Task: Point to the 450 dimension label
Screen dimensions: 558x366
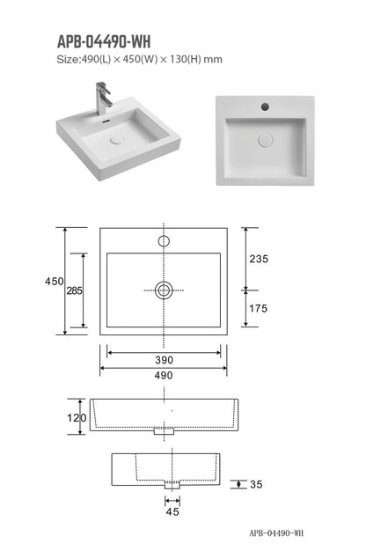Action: [54, 281]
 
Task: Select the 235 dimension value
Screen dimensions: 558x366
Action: [259, 259]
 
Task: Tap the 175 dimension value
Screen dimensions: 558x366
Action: [259, 309]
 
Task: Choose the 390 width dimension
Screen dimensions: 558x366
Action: [164, 360]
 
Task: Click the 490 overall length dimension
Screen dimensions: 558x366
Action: [164, 375]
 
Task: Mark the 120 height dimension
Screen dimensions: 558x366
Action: [77, 418]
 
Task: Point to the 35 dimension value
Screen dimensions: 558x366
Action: [257, 485]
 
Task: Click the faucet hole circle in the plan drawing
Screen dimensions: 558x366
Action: [164, 240]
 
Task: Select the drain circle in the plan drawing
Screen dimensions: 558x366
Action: [164, 290]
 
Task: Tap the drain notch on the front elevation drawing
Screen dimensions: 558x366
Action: [164, 432]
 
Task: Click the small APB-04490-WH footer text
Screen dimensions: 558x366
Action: [275, 533]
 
